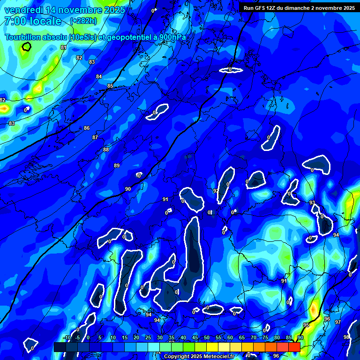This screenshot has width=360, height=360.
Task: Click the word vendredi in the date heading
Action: [23, 10]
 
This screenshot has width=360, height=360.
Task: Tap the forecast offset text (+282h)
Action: [83, 21]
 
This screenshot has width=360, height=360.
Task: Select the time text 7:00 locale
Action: [33, 21]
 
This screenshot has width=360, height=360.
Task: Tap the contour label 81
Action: [64, 47]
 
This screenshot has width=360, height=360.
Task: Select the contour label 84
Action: [99, 76]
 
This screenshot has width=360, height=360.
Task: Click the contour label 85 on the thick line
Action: [110, 86]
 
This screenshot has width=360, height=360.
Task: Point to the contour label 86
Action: [87, 128]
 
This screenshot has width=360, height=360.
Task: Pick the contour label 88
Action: [106, 150]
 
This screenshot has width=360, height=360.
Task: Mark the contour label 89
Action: [117, 165]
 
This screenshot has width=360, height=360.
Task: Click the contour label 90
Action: [127, 189]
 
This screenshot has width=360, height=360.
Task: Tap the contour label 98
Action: [346, 337]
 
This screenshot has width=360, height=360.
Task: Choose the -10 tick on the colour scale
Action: [67, 338]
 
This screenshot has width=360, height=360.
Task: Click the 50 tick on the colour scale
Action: [207, 338]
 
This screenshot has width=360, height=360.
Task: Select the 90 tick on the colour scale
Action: [300, 338]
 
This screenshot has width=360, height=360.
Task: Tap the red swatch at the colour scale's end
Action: [294, 347]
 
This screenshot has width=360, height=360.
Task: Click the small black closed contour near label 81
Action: [26, 46]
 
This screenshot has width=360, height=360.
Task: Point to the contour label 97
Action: [337, 322]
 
